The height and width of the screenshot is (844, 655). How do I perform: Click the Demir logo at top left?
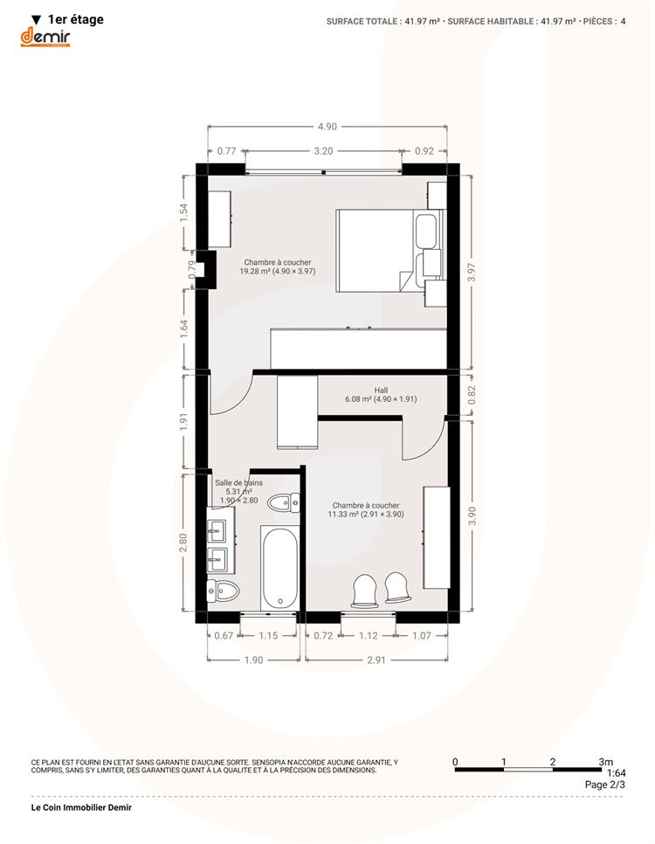45,38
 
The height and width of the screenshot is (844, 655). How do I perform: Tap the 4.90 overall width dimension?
327,127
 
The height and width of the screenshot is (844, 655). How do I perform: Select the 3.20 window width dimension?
323,150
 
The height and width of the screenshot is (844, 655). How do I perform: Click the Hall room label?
381,391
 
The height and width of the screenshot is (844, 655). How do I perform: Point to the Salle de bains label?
239,483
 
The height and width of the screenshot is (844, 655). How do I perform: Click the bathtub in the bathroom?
279,567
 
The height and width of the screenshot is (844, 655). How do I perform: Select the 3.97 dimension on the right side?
472,273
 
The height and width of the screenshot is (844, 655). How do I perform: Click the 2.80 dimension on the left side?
183,542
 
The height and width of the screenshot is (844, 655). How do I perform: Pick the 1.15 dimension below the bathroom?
268,636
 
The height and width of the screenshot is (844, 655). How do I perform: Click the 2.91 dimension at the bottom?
376,660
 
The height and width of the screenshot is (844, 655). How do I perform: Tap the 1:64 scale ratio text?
617,773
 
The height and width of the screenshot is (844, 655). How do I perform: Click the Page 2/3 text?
605,785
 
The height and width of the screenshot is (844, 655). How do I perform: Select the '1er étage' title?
76,20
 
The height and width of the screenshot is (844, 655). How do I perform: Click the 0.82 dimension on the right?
472,396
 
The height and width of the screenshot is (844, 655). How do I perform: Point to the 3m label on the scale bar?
605,762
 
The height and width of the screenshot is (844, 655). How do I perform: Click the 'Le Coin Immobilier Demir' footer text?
81,807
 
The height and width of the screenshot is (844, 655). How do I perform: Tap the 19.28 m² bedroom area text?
278,271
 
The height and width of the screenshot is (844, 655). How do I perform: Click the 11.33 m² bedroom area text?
366,514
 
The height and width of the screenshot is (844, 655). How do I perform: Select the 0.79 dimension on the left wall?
191,270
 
